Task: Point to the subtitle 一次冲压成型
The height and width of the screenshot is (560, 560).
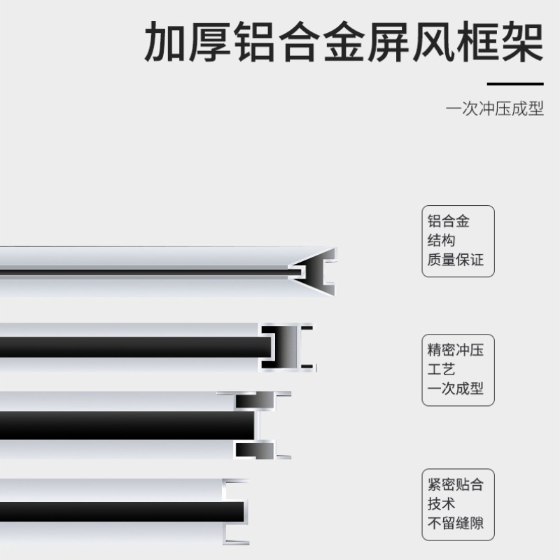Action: click(x=495, y=110)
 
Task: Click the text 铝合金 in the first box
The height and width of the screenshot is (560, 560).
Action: click(x=449, y=222)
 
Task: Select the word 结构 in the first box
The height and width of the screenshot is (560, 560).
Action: click(x=442, y=241)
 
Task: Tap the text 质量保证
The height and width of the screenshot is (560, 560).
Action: click(x=456, y=260)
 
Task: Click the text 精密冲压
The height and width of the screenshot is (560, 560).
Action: click(x=456, y=350)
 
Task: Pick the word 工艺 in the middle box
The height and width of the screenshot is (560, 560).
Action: click(x=442, y=370)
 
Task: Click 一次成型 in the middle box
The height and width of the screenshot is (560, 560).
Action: click(x=456, y=389)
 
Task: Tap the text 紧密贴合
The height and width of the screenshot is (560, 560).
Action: click(x=456, y=484)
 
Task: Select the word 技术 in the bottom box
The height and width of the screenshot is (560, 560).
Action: click(x=442, y=504)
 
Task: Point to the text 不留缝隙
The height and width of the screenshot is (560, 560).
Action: click(x=456, y=524)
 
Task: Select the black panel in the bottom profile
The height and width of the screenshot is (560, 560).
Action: click(x=119, y=511)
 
